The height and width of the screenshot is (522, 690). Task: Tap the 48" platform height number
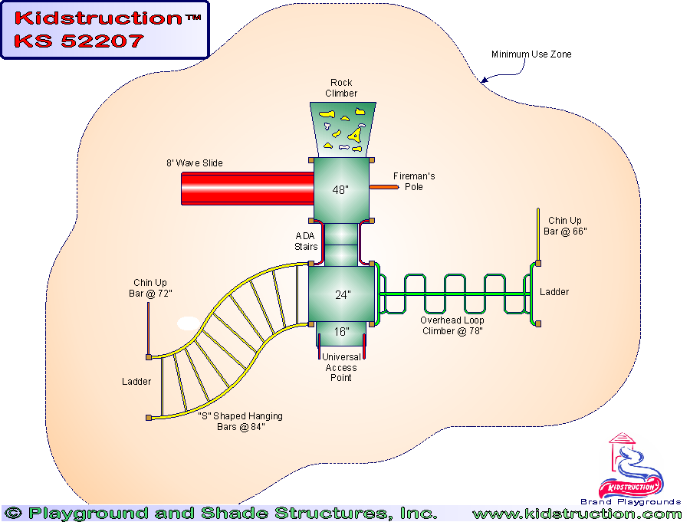(x=341, y=190)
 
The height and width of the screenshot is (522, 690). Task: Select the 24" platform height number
(x=342, y=294)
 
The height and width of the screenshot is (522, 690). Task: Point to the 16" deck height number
(x=342, y=332)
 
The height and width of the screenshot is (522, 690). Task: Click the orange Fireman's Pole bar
(x=383, y=186)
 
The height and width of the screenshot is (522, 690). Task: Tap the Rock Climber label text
(x=341, y=88)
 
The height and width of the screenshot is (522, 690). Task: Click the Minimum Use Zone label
(x=531, y=54)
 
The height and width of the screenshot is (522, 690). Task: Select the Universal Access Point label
(x=341, y=368)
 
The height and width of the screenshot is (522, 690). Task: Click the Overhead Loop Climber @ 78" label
(x=452, y=326)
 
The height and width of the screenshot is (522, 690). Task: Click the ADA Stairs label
(x=305, y=241)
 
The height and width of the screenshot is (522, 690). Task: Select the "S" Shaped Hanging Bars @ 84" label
(x=240, y=421)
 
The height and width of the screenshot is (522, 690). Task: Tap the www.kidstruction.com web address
(x=577, y=514)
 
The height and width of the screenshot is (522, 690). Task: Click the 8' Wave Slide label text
(x=195, y=163)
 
